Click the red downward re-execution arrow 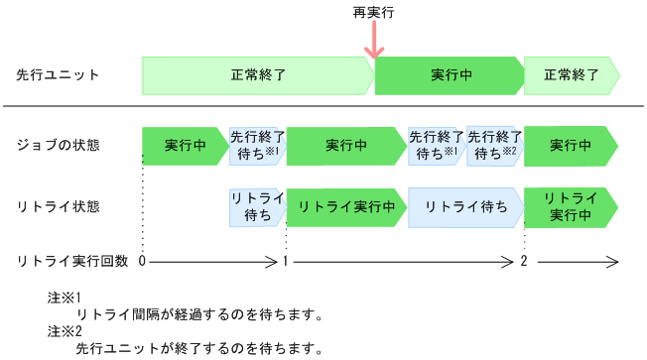[x=374, y=43]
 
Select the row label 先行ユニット [x=58, y=75]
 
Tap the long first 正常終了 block [x=257, y=75]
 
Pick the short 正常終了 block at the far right [x=571, y=75]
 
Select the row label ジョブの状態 [x=58, y=145]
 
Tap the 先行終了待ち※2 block [x=494, y=145]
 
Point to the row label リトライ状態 [x=58, y=206]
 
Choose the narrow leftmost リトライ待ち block [x=257, y=206]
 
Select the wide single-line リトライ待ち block [x=464, y=206]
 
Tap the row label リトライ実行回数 [x=72, y=261]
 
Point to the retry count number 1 [x=286, y=261]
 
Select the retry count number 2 [x=524, y=261]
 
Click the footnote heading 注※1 [x=63, y=298]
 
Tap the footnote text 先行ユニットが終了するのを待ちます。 [x=198, y=349]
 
